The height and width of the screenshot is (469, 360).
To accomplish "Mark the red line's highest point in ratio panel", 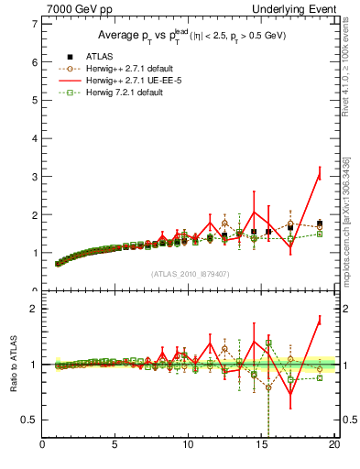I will [x=319, y=319].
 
